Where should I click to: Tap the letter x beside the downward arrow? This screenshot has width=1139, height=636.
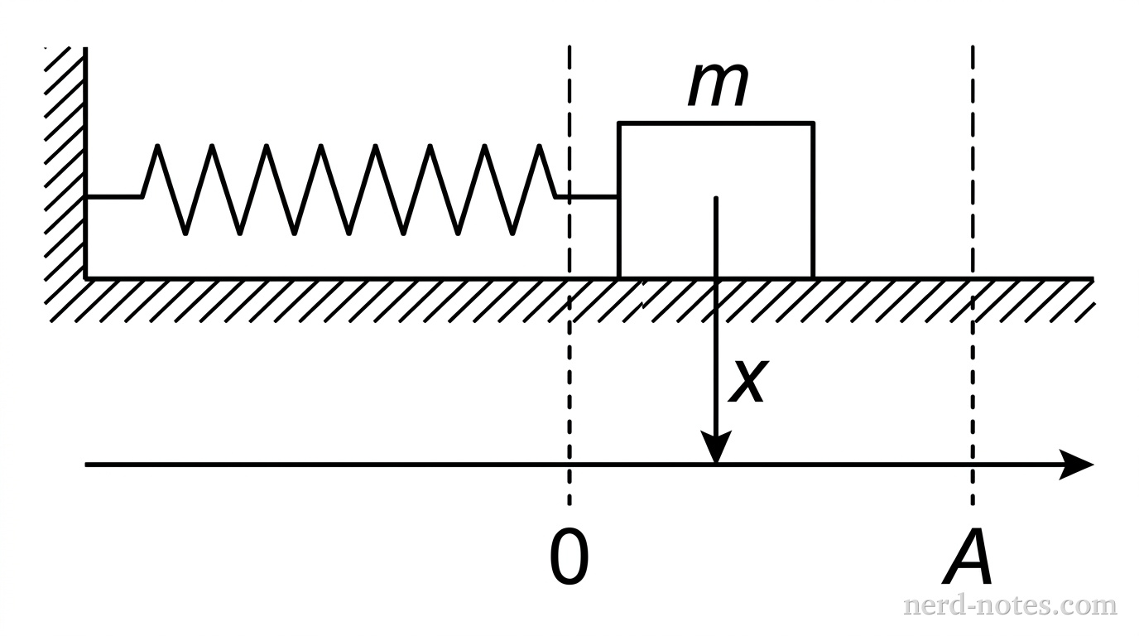coord(747,382)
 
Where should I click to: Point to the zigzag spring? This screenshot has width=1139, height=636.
coord(348,189)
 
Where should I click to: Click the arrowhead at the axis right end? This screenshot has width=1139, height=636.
coord(1080,465)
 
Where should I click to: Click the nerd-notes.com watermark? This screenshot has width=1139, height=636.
coord(1009,605)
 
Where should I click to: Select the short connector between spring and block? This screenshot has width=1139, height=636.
coord(587,197)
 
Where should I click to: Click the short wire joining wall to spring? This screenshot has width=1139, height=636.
coord(114,197)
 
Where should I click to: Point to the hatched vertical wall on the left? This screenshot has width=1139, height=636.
coord(65,166)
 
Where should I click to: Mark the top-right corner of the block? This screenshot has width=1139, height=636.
coord(814,123)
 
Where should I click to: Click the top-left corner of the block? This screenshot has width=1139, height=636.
coord(619,123)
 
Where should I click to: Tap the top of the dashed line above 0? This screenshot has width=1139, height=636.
coord(569,48)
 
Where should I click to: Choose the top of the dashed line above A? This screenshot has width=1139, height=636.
coord(973,48)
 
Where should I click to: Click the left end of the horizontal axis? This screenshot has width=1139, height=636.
coord(87,465)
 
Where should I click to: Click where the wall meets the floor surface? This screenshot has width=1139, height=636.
coord(85,278)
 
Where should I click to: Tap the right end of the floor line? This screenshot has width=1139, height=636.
coord(1093,278)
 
